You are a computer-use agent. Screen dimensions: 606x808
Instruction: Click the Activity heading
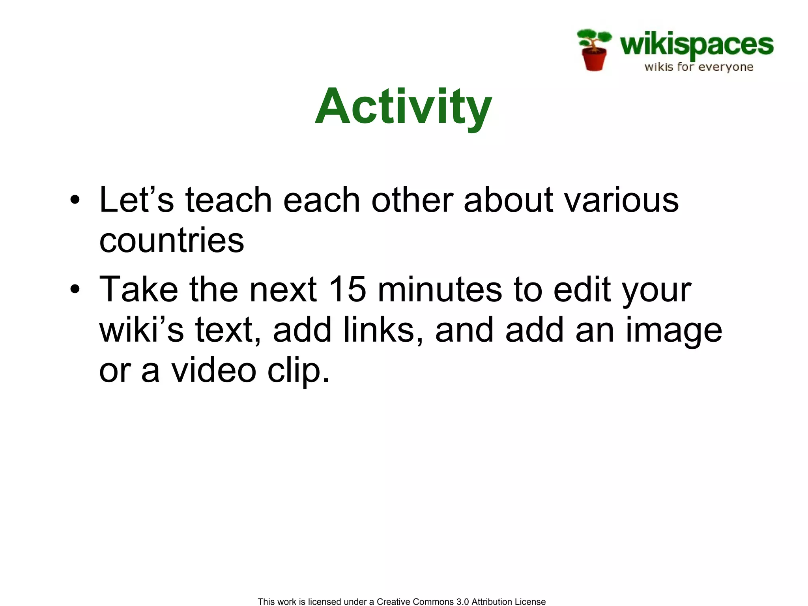403,107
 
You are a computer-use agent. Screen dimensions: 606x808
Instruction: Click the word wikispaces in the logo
696,45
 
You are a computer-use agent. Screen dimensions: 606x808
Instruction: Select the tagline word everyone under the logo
726,67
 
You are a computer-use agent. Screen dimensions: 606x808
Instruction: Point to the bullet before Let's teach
75,200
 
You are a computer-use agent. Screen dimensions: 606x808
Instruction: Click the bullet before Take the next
75,290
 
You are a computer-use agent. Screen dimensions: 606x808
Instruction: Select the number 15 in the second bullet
347,290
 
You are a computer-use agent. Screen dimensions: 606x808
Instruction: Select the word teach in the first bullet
228,200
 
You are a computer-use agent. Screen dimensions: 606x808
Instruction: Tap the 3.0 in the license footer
462,602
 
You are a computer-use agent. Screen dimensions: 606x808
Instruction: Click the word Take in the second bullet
138,290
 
